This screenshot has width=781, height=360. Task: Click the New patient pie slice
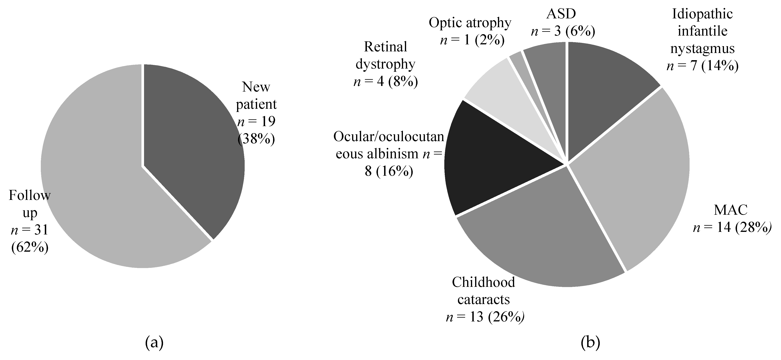(194, 146)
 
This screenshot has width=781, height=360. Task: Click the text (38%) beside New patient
(256, 139)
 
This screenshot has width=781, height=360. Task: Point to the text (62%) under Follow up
(30, 248)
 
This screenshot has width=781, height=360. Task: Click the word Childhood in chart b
(483, 282)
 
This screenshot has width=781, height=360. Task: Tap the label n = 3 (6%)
(563, 31)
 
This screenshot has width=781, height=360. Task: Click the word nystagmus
(702, 49)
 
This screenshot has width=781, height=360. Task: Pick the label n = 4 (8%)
(386, 82)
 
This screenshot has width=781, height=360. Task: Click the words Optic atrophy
(470, 23)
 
